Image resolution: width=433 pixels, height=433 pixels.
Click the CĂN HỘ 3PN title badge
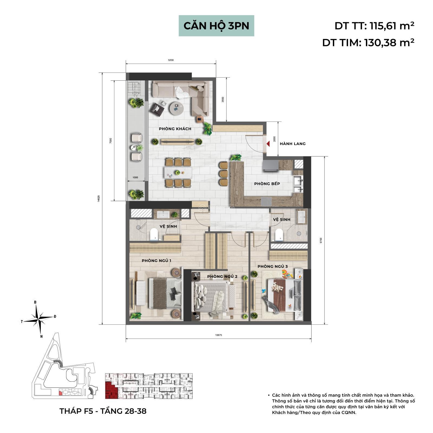coord(216,26)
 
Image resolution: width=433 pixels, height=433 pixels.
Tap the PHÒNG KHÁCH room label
coord(175,129)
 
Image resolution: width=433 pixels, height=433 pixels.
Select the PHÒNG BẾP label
coord(267,184)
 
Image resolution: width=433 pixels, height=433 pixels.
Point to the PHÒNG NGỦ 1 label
coord(156,261)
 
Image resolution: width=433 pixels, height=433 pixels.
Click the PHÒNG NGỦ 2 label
coord(222,276)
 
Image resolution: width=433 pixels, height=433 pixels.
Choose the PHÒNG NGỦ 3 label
coord(273,267)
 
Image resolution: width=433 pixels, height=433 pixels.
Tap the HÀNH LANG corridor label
coord(293,144)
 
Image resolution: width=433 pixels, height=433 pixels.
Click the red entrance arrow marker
coord(268,144)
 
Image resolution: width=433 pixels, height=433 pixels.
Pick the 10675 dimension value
coord(218,335)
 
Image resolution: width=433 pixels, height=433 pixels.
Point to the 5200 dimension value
coord(171,60)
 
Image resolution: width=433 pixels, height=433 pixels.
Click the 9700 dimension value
coord(321,241)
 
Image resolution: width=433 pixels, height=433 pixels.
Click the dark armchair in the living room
coord(157,109)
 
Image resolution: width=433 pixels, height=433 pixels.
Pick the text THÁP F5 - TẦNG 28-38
coord(103,411)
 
